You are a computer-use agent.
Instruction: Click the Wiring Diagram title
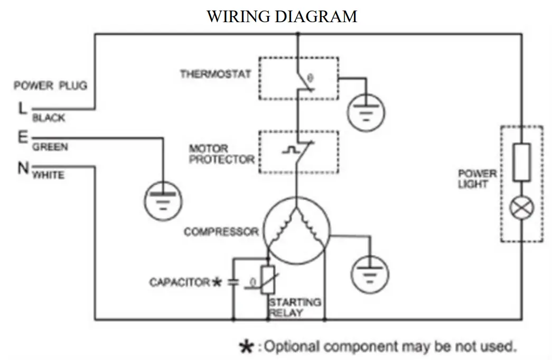[x=282, y=16]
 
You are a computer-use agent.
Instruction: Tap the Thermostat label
[x=216, y=74]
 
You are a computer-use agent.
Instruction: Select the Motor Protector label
[x=221, y=154]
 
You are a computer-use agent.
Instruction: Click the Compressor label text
[x=221, y=232]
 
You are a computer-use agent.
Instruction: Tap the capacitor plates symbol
[x=233, y=282]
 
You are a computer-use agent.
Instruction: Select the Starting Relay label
[x=295, y=307]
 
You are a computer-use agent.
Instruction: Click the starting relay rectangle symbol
[x=268, y=280]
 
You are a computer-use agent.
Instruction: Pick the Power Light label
[x=477, y=178]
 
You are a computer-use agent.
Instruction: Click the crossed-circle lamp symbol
[x=522, y=207]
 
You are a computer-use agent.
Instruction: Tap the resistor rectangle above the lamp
[x=522, y=162]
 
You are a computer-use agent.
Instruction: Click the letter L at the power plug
[x=22, y=108]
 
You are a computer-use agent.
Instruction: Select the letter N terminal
[x=23, y=167]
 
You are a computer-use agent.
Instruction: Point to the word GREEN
[x=50, y=147]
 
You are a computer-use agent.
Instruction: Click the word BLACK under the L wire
[x=49, y=118]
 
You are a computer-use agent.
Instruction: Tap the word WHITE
[x=49, y=175]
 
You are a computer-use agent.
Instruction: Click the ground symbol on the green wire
[x=163, y=201]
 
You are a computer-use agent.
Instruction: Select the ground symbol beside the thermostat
[x=366, y=112]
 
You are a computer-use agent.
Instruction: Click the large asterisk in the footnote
[x=246, y=347]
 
